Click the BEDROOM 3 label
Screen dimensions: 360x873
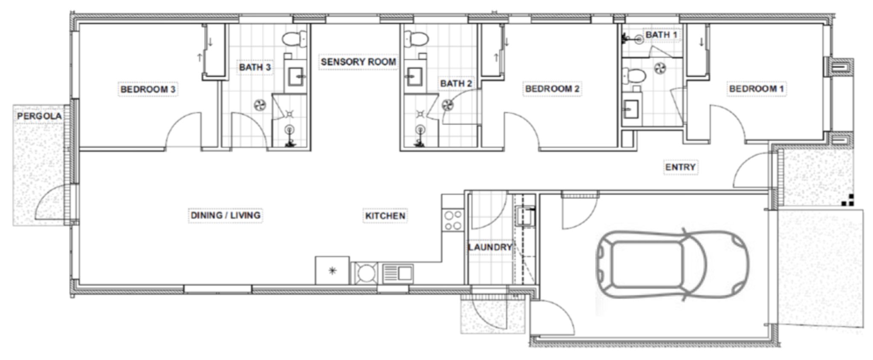(147, 89)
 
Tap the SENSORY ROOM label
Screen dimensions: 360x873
(358, 62)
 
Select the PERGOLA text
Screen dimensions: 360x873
(39, 116)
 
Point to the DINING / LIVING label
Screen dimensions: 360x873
(225, 215)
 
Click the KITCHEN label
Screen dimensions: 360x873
(384, 216)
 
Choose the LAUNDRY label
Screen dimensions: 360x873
(489, 247)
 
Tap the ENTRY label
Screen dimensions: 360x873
(680, 167)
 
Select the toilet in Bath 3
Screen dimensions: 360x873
(294, 39)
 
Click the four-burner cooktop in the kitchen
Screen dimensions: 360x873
(453, 220)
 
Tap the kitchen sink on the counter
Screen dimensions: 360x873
(397, 273)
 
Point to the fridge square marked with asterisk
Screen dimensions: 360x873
(332, 270)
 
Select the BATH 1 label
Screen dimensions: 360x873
(661, 35)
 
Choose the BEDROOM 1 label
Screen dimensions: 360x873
(756, 89)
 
